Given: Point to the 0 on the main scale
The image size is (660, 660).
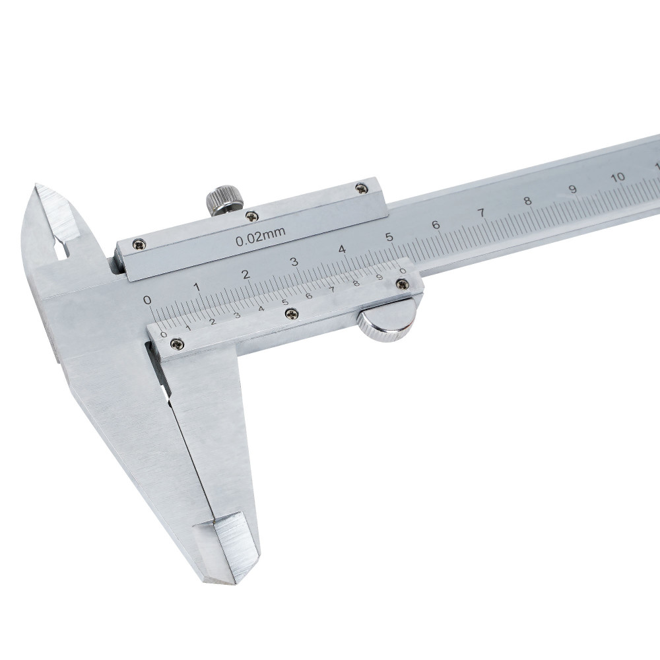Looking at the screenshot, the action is [x=147, y=300].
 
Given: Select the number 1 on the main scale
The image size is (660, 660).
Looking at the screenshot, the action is [x=196, y=288].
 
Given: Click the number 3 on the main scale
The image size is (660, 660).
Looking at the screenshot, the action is [x=294, y=262].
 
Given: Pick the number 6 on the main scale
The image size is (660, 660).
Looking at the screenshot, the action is [x=436, y=225].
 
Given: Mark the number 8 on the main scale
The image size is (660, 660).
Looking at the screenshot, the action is [x=528, y=201].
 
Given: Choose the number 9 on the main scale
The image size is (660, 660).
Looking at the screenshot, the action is [x=573, y=189].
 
